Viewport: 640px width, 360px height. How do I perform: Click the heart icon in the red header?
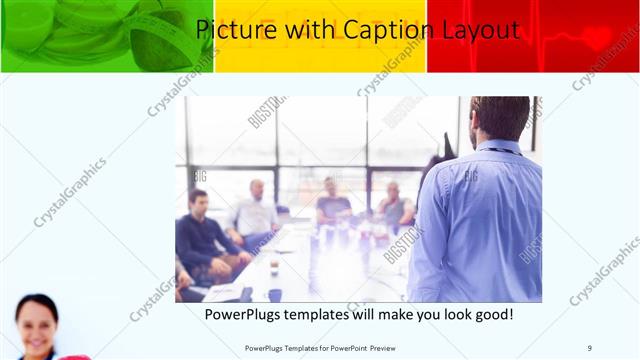[x=598, y=37]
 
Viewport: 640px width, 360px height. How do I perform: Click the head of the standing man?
[x=499, y=118]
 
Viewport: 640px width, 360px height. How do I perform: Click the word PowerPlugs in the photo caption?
[x=242, y=315]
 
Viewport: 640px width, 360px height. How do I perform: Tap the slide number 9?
[x=589, y=347]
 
